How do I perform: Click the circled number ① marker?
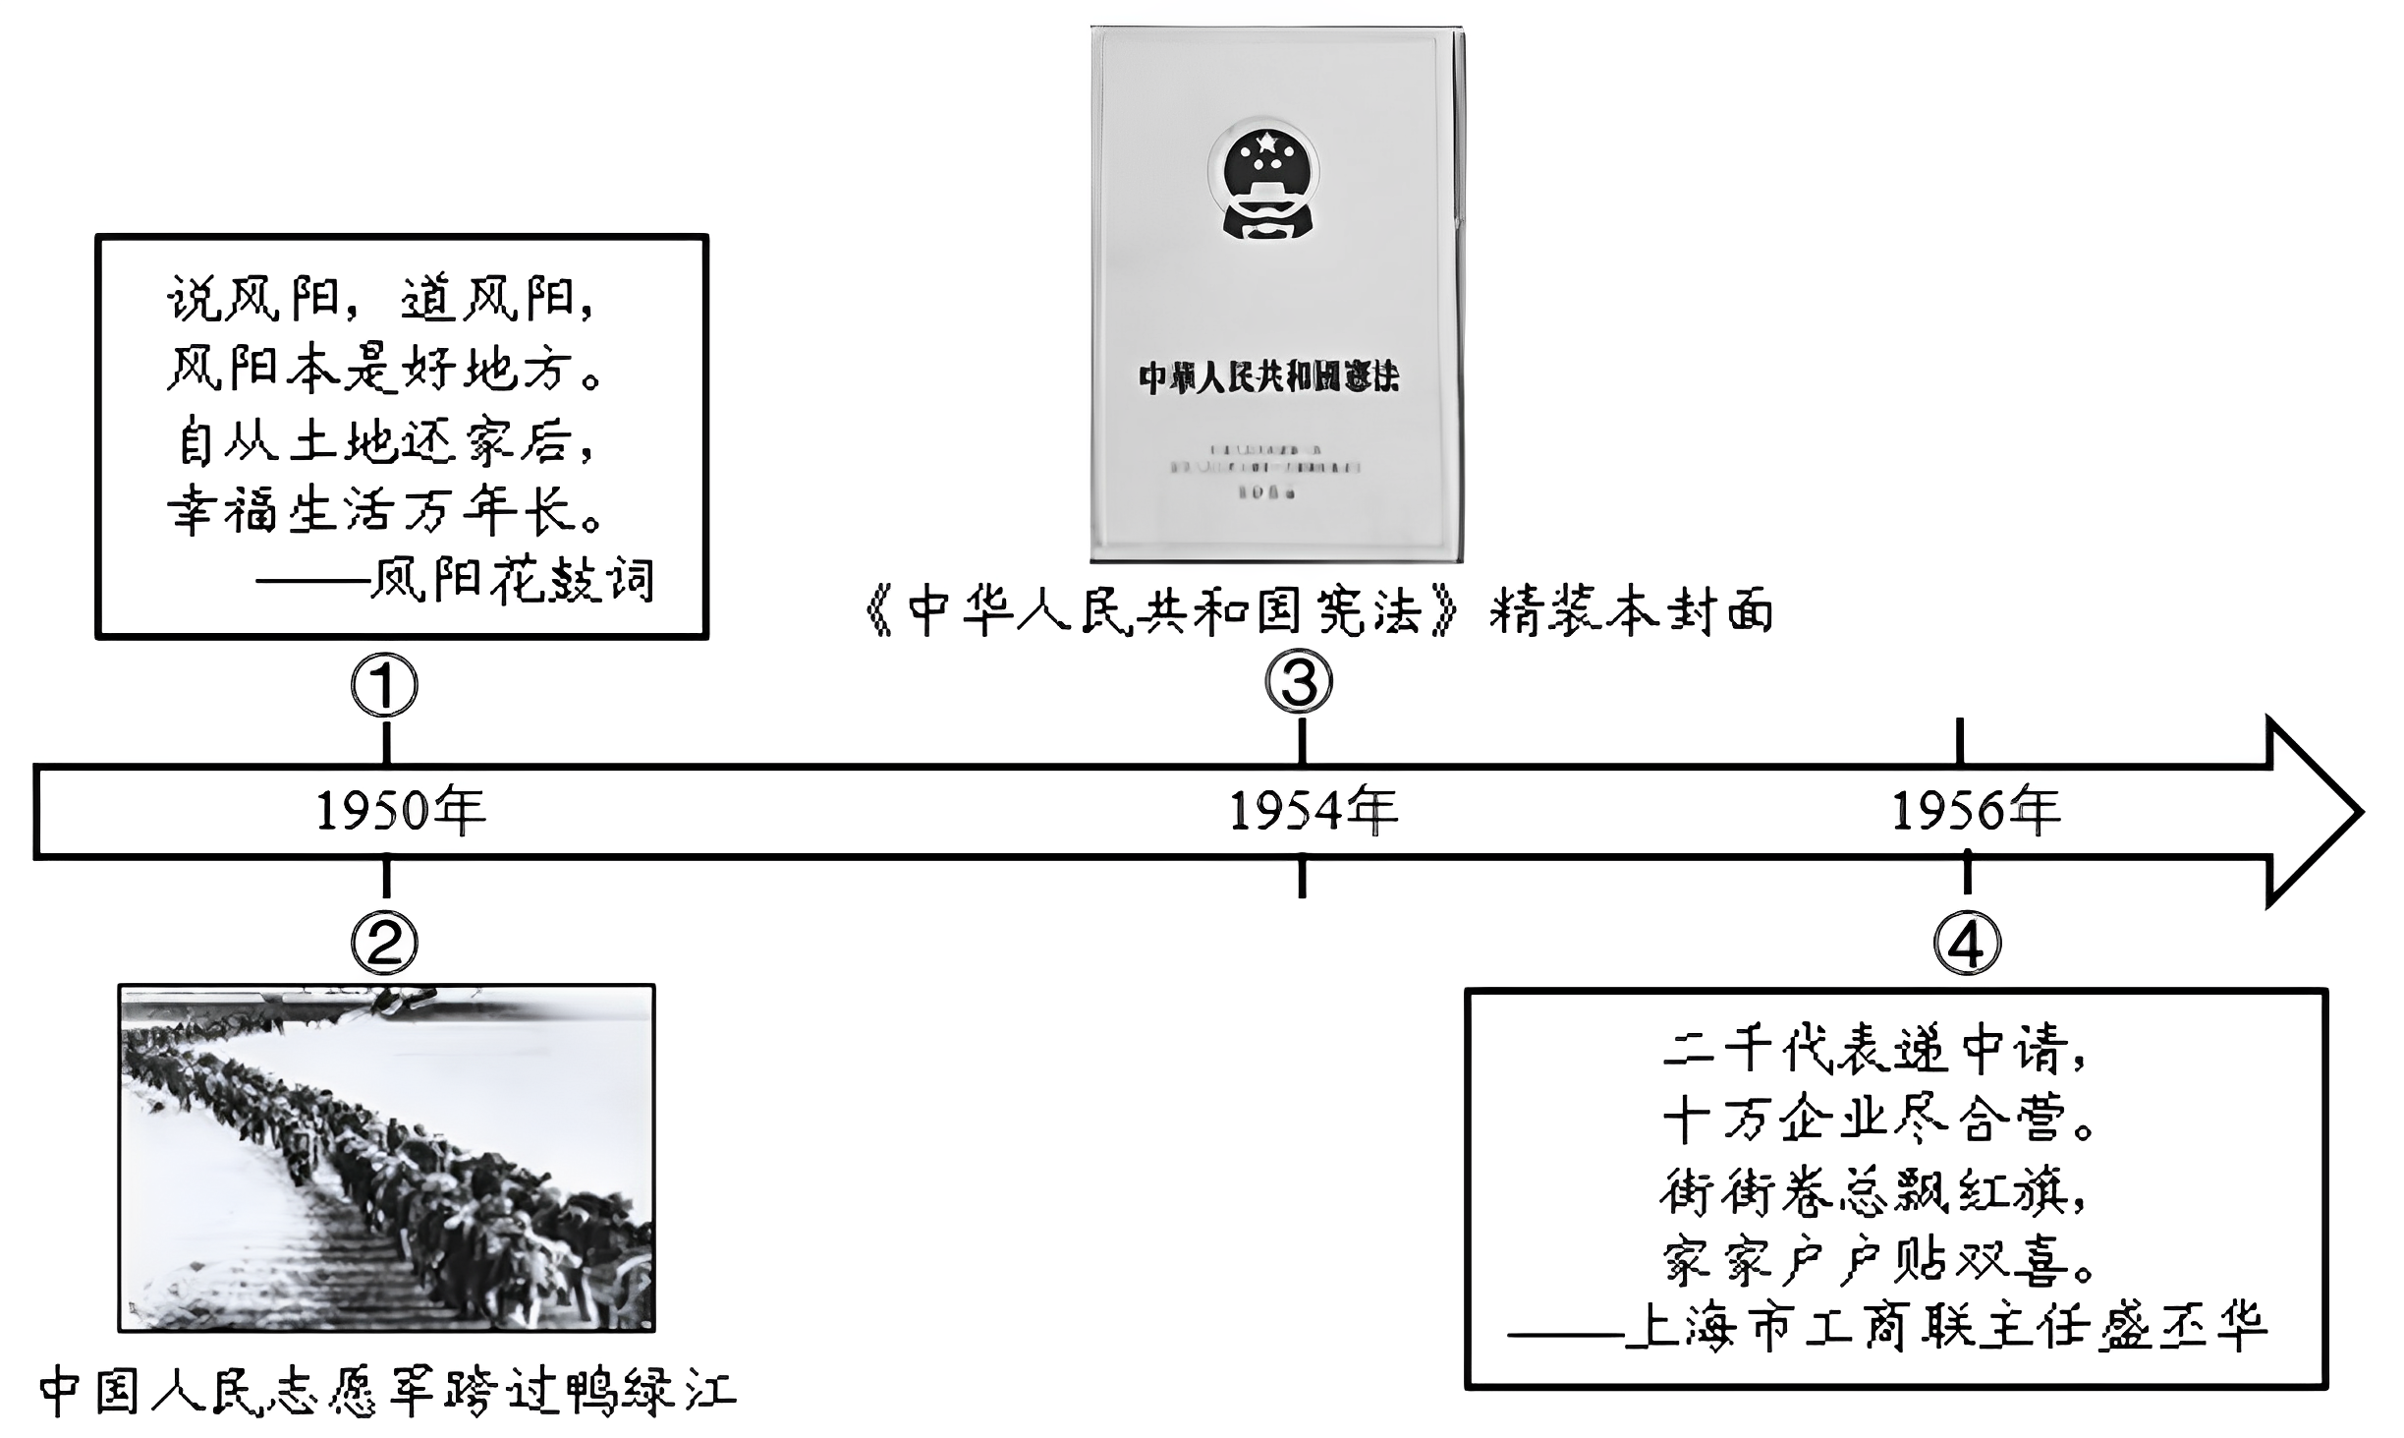click(x=385, y=686)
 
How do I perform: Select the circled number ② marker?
click(x=385, y=943)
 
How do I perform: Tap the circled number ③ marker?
click(x=1299, y=683)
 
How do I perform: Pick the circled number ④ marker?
click(x=1967, y=944)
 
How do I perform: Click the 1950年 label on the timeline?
click(x=401, y=812)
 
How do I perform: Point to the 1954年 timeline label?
click(x=1314, y=812)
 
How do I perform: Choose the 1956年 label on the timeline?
click(x=1976, y=812)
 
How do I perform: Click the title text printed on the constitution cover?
click(x=1268, y=377)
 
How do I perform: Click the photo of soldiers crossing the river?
click(x=386, y=1158)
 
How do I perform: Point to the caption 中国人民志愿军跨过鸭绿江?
click(x=387, y=1392)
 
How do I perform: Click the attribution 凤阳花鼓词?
click(x=511, y=581)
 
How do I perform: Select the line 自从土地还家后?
click(x=385, y=441)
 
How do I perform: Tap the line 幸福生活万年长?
click(x=385, y=511)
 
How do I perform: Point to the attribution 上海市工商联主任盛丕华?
click(x=1945, y=1328)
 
